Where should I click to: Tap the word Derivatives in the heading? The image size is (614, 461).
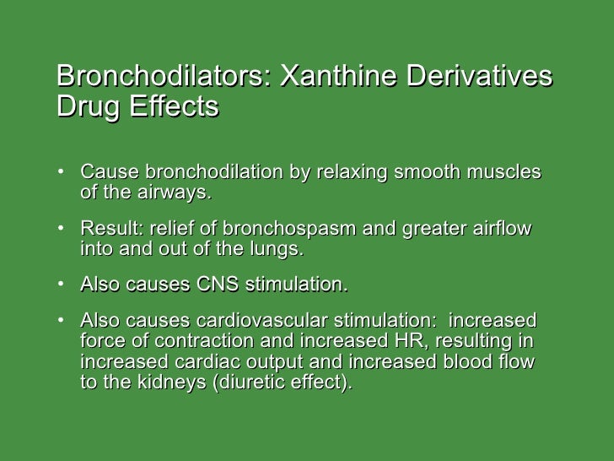pos(480,77)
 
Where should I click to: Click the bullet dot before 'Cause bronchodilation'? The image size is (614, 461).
pos(63,173)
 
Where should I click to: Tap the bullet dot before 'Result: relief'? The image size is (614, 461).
pos(63,230)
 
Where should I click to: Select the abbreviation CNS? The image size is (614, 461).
pos(218,285)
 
